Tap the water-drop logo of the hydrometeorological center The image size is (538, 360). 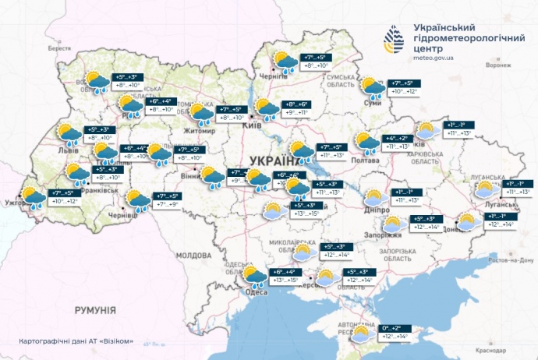[395, 37]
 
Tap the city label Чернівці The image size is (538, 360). [124, 214]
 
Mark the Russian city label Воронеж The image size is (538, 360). [497, 65]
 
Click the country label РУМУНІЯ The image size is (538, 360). [95, 310]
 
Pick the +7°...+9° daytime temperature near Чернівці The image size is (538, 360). [168, 204]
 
